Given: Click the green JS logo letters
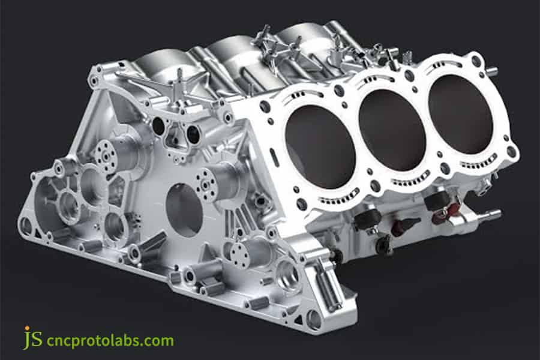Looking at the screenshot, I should click(33, 339).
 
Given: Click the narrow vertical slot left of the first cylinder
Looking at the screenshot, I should click(274, 158).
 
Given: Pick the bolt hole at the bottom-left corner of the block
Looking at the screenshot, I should click(25, 226).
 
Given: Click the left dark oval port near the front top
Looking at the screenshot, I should click(158, 126).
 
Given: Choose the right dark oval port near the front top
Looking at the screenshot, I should click(193, 134).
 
